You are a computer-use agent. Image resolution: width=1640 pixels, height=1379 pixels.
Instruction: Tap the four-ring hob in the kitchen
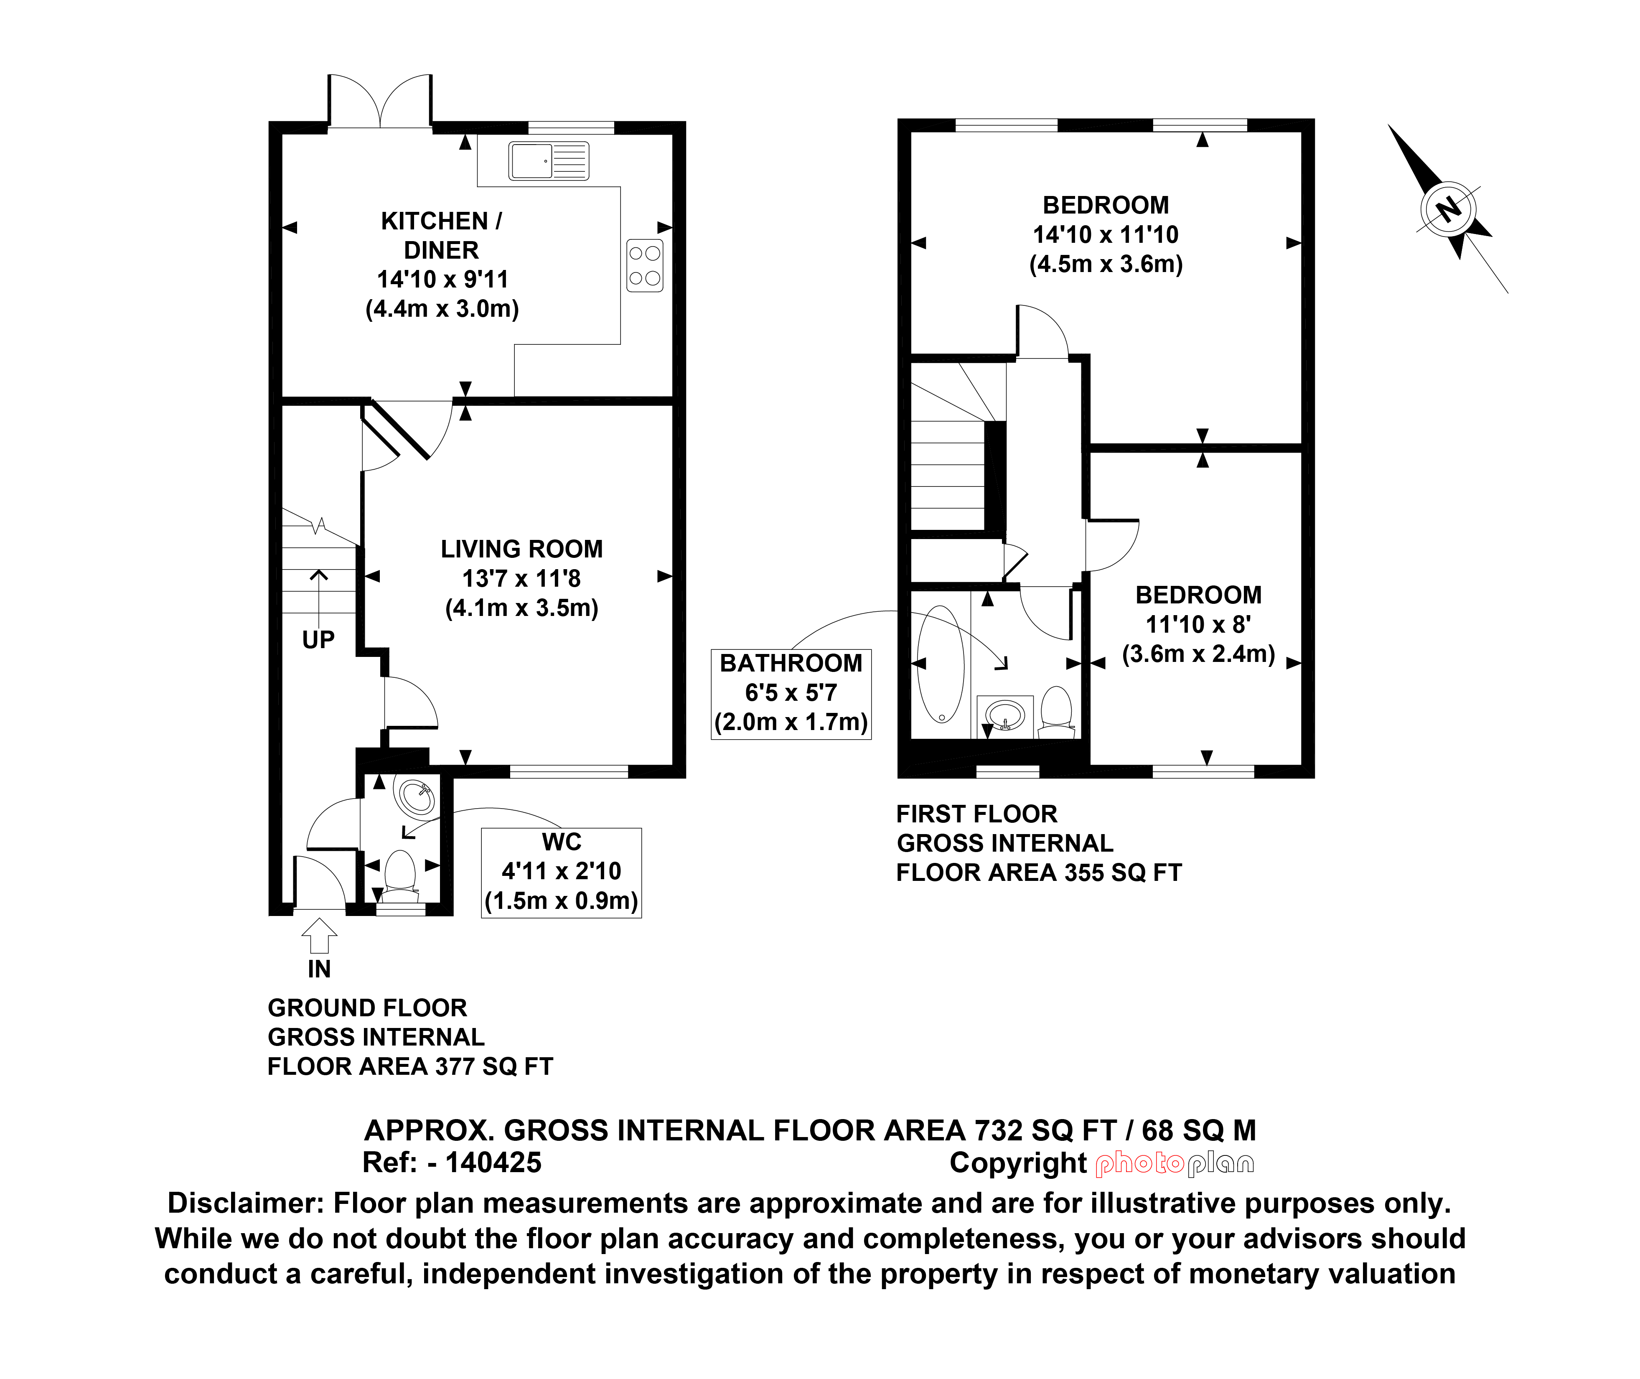coord(645,266)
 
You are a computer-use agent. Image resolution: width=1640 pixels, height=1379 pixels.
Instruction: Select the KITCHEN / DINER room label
coord(442,235)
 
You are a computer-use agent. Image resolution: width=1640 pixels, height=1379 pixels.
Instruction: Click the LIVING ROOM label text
coord(521,549)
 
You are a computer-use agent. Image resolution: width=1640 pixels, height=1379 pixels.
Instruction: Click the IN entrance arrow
coord(319,936)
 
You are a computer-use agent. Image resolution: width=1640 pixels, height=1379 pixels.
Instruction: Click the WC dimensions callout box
coord(561,873)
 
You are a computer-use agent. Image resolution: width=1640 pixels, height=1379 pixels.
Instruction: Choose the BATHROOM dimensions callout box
coord(791,693)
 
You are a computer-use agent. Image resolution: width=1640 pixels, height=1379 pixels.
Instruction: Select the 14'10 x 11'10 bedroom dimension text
coord(1105,234)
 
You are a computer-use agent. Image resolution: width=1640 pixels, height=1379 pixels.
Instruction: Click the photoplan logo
coord(1175,1165)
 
